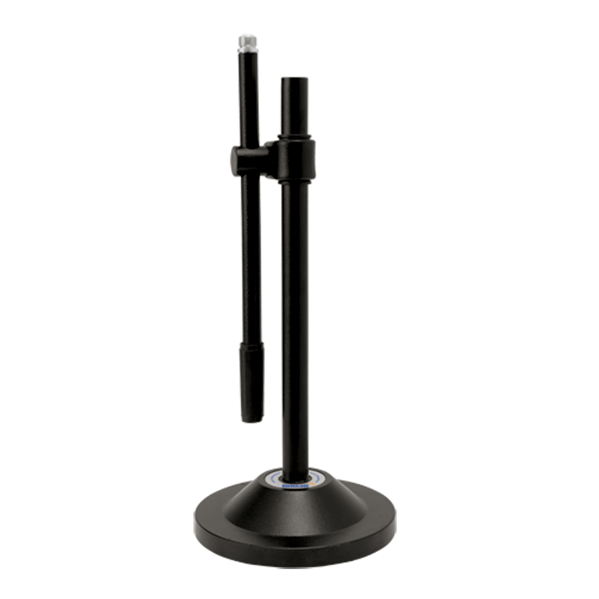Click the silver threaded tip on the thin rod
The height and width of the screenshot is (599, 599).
click(247, 41)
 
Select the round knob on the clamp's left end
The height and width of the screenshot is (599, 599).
click(237, 160)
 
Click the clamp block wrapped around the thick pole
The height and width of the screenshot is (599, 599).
click(297, 159)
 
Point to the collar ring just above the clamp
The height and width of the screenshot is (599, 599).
click(294, 137)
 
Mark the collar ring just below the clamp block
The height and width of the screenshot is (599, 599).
click(294, 180)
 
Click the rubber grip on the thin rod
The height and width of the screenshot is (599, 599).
click(252, 382)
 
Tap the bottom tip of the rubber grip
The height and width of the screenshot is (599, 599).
click(252, 419)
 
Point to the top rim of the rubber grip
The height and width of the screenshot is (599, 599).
click(251, 346)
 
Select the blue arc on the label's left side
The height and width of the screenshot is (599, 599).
click(267, 477)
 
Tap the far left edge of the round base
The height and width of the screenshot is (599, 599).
click(195, 524)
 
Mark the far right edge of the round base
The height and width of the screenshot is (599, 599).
click(395, 524)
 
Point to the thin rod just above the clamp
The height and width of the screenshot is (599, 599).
click(249, 112)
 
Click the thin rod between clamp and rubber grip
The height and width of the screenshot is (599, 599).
click(251, 262)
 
